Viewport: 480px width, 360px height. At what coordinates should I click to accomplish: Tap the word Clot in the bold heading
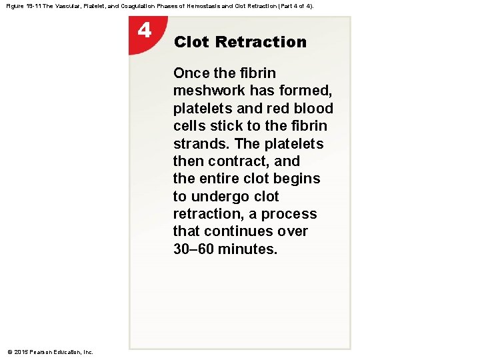pyautogui.click(x=191, y=42)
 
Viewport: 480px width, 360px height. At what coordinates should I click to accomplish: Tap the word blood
pyautogui.click(x=313, y=109)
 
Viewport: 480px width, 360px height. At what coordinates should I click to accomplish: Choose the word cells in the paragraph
pyautogui.click(x=189, y=126)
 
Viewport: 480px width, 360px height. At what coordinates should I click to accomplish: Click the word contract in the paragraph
pyautogui.click(x=239, y=161)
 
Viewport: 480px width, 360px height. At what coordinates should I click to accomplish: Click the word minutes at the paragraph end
pyautogui.click(x=252, y=249)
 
